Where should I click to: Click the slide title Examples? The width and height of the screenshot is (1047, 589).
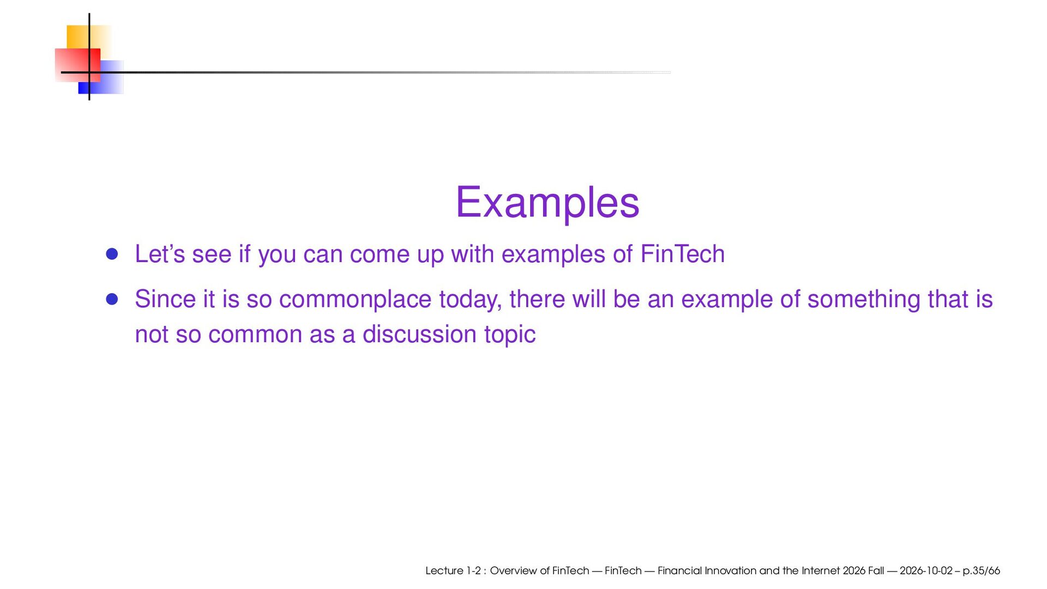tap(547, 203)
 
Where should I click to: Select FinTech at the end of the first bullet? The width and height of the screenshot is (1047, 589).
tap(682, 254)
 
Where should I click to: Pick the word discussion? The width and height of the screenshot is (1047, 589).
tap(420, 334)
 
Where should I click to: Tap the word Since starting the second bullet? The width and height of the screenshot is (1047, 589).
tap(165, 299)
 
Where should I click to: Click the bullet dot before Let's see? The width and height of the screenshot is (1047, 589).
tap(112, 254)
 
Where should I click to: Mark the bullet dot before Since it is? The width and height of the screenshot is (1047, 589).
tap(112, 299)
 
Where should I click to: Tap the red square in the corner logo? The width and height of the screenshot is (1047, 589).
tap(77, 65)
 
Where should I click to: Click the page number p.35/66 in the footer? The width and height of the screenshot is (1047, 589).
tap(981, 571)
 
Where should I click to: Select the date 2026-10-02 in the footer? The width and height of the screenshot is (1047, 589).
tap(926, 570)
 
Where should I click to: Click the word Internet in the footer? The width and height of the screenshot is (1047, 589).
tap(821, 570)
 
